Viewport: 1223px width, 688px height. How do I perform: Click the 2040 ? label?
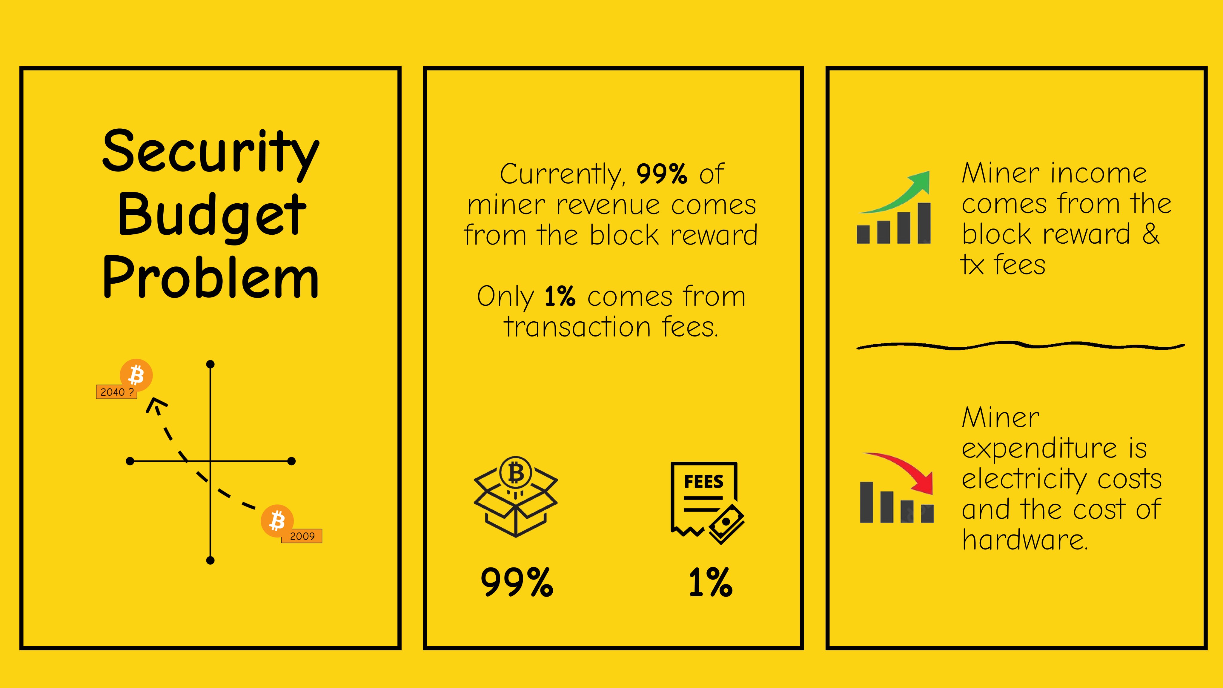point(116,392)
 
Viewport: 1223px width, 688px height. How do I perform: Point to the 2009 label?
point(302,536)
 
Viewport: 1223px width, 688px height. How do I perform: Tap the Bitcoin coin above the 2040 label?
point(136,375)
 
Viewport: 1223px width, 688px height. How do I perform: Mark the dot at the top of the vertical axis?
point(210,364)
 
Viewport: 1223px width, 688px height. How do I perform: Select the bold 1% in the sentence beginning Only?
point(560,297)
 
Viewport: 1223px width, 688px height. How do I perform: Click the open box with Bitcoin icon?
point(516,497)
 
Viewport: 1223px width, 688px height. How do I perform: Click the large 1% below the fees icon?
point(710,582)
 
